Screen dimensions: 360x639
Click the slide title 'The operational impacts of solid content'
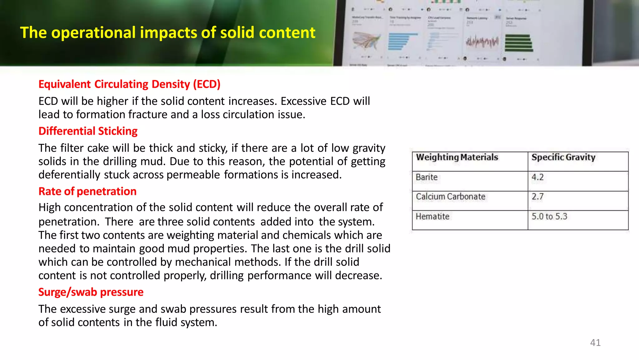(x=168, y=33)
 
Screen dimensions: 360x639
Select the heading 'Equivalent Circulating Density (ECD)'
(x=129, y=84)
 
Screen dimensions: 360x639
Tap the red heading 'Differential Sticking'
(x=88, y=131)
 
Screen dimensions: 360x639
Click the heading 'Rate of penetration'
(x=87, y=191)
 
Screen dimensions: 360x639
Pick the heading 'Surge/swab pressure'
(x=91, y=292)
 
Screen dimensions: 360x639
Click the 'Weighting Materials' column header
(x=457, y=157)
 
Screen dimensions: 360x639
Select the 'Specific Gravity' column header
(x=563, y=157)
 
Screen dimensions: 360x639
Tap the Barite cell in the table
(x=427, y=177)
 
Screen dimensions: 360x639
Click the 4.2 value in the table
(x=537, y=177)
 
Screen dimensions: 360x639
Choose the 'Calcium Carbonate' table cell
(x=450, y=197)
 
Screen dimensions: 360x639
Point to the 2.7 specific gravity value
(x=537, y=197)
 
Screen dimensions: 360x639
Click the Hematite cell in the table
(x=432, y=216)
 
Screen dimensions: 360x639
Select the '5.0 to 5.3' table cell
(x=549, y=216)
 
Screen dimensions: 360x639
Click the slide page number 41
(x=595, y=343)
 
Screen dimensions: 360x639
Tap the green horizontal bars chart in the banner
(x=519, y=43)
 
